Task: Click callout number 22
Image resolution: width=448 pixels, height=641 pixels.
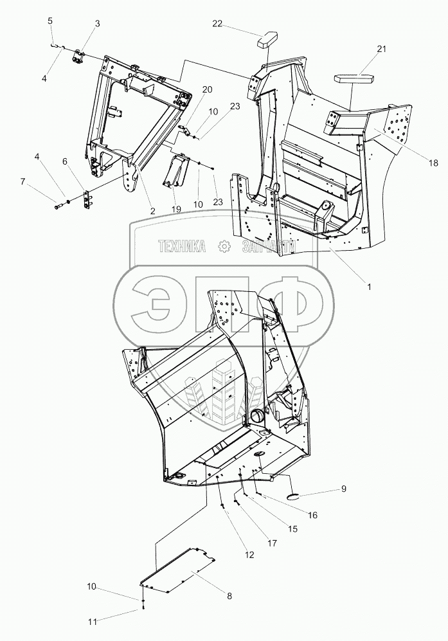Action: pos(218,24)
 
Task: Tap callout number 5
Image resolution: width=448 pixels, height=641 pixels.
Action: pos(51,21)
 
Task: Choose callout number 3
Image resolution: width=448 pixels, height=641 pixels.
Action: pos(97,24)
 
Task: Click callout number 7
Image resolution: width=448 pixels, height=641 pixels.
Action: pos(23,183)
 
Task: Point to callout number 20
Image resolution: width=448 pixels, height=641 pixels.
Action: pos(207,89)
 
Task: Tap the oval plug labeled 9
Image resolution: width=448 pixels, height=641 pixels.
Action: pos(296,496)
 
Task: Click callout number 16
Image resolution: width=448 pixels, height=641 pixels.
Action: pos(312,515)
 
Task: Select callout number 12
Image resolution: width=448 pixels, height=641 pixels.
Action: pos(249,554)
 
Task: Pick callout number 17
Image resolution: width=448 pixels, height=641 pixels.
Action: pos(273,543)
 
